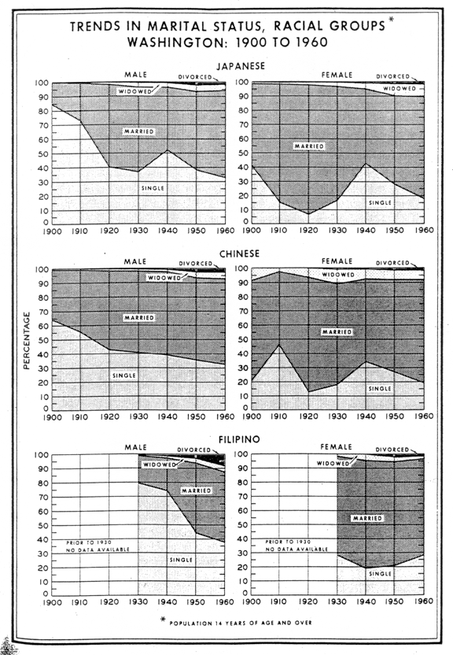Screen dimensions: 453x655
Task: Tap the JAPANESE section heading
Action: tap(241, 66)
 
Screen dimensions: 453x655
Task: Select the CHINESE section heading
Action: tap(239, 253)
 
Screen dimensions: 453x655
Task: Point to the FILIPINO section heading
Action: tap(239, 439)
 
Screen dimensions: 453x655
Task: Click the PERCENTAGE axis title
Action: tap(27, 340)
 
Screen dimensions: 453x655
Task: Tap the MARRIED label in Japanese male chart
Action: tap(139, 131)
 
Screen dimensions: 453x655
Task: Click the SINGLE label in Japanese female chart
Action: tap(380, 202)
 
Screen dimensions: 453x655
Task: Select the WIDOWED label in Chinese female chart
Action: tap(338, 275)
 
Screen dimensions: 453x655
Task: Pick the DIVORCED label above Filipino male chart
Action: tap(194, 450)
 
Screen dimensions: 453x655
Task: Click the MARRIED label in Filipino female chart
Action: tap(367, 518)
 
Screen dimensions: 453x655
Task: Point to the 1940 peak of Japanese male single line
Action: tap(168, 150)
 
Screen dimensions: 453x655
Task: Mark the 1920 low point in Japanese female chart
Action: tap(308, 214)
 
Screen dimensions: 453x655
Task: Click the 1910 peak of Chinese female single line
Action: tap(279, 345)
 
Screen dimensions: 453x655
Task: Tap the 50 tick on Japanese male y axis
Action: tap(43, 154)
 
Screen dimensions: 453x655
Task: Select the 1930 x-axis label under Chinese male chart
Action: tap(138, 416)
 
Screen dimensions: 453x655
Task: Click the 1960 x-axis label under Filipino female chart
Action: tap(424, 601)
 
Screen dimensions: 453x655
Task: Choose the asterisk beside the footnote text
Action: tap(163, 620)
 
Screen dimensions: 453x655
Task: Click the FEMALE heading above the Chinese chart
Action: tap(337, 261)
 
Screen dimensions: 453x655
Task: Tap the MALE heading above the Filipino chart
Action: tap(135, 447)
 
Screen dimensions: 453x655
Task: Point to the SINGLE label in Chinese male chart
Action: tap(124, 376)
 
